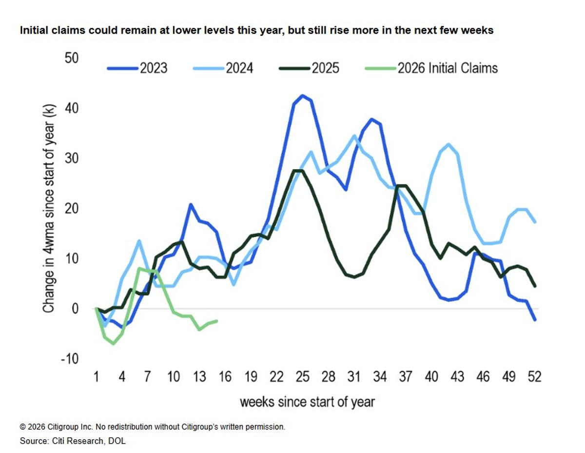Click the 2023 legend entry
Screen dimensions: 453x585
(x=137, y=68)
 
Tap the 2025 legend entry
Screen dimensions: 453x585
(x=309, y=68)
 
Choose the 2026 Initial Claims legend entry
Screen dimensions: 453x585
(x=431, y=68)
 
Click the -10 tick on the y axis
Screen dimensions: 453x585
(x=69, y=359)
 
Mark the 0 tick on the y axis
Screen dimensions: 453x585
(x=75, y=309)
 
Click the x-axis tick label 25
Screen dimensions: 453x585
(x=303, y=377)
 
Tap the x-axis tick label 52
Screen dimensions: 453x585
(x=535, y=377)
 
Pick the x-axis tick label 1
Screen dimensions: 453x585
(x=96, y=377)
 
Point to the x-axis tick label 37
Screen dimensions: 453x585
(x=406, y=377)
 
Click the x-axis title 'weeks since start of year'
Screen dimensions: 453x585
(x=307, y=402)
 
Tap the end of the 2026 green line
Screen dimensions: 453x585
(x=216, y=321)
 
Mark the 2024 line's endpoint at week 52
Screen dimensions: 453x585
(x=535, y=222)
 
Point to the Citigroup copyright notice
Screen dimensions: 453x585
(x=152, y=427)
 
